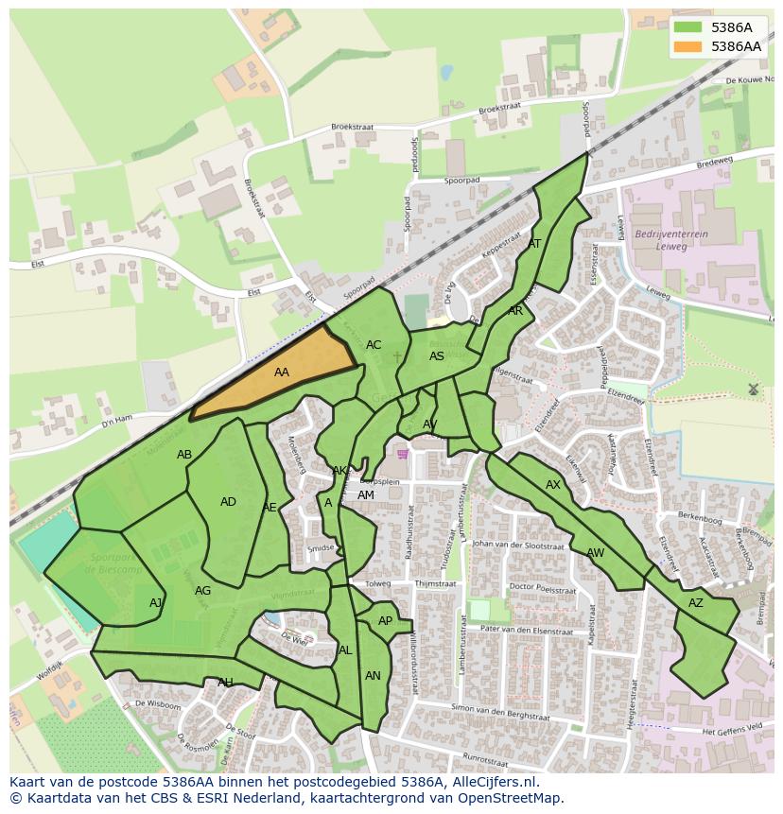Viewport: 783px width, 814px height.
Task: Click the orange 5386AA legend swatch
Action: click(688, 46)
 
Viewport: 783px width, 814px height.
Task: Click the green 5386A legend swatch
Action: click(688, 28)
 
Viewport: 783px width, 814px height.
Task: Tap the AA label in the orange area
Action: click(282, 372)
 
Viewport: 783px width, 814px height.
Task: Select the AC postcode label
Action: click(374, 345)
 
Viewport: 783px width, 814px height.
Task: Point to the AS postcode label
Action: click(437, 356)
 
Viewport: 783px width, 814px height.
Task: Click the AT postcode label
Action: click(534, 244)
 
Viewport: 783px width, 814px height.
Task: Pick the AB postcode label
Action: click(184, 455)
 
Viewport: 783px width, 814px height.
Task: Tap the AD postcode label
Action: click(228, 502)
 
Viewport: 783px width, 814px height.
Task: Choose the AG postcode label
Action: click(202, 591)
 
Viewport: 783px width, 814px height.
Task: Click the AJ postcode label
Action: click(156, 603)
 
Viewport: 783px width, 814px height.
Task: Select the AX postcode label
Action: click(553, 485)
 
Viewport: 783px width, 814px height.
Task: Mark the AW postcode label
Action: click(595, 553)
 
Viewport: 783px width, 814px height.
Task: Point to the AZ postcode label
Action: click(696, 603)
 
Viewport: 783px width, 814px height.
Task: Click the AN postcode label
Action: click(373, 676)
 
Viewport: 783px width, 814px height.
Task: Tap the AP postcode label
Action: click(385, 621)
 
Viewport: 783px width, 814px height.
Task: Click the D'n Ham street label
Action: click(117, 419)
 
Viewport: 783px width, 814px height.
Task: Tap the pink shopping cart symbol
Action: click(404, 454)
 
